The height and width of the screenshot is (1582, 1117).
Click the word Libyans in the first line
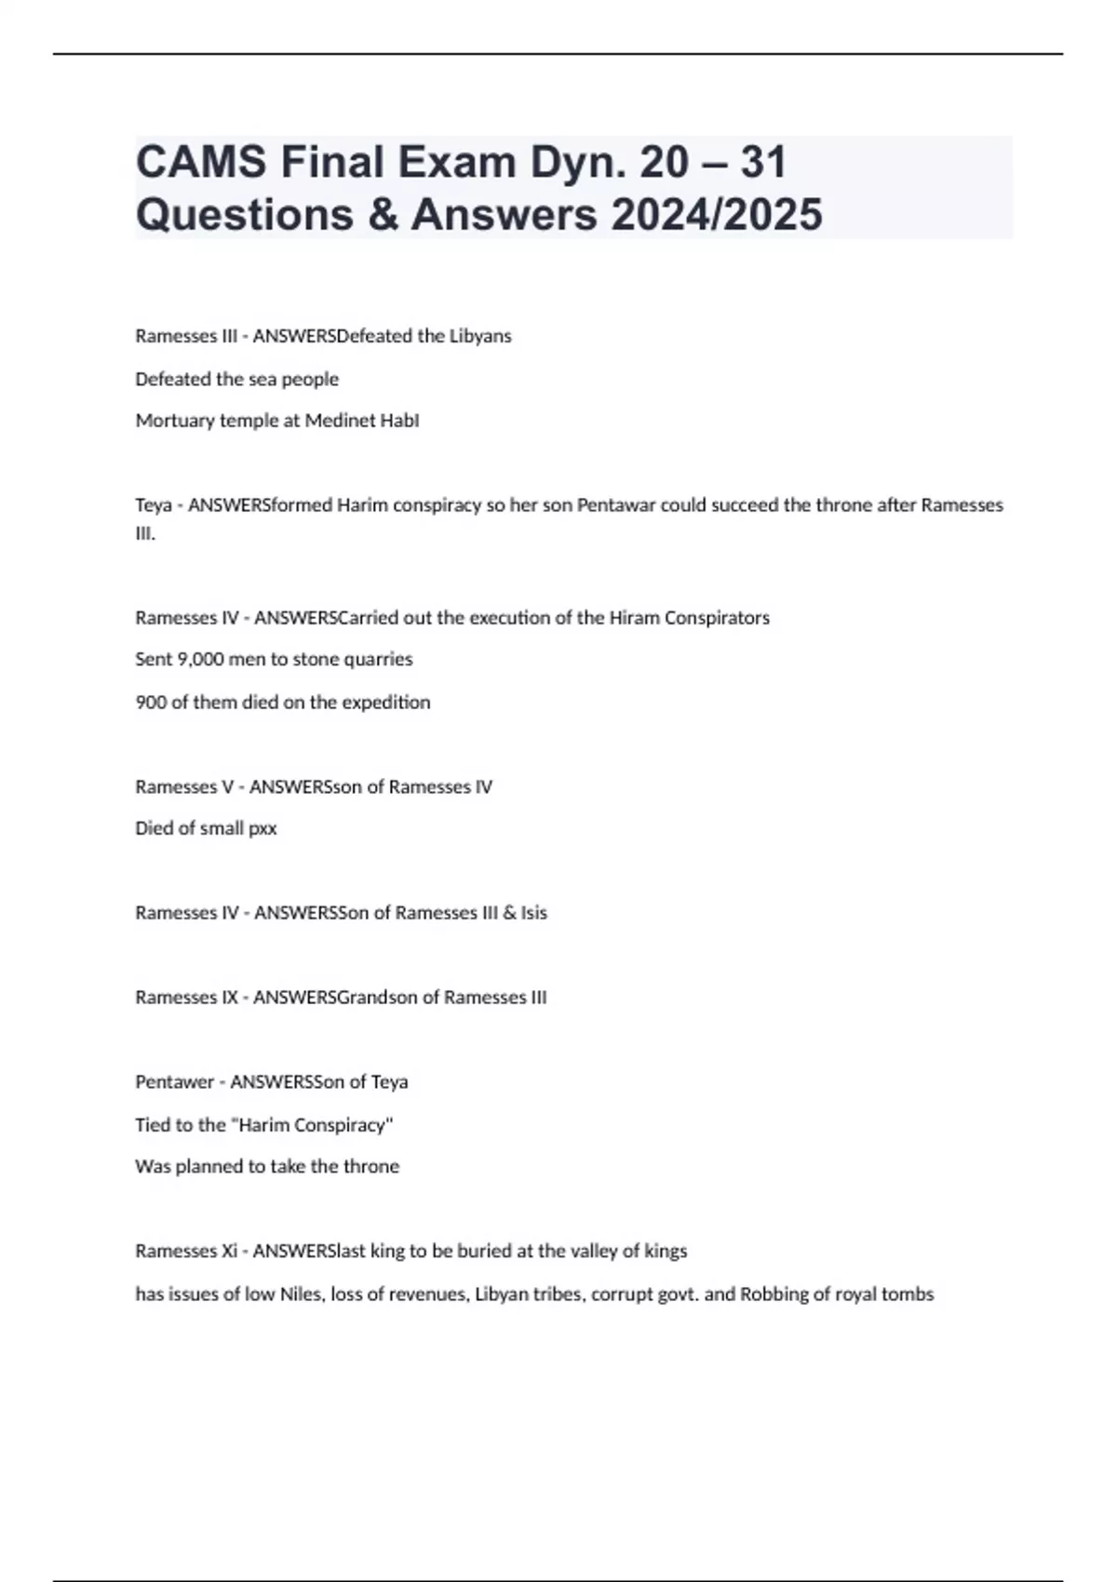coord(480,336)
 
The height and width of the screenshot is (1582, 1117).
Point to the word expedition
coord(385,702)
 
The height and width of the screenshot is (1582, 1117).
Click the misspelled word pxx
coord(262,828)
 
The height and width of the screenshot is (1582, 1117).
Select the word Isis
coord(533,913)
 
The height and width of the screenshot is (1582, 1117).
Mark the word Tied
coord(151,1125)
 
